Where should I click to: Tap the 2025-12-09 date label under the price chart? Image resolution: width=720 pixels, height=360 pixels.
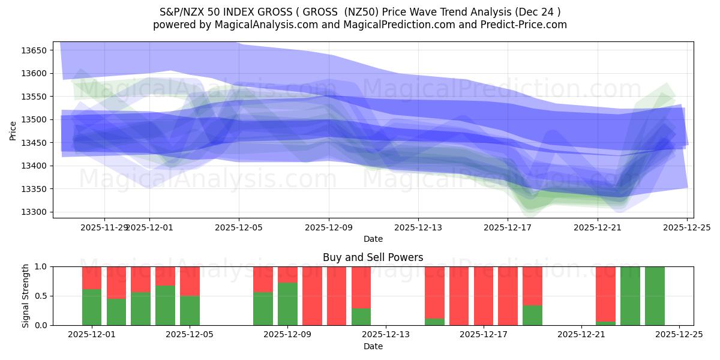coord(329,228)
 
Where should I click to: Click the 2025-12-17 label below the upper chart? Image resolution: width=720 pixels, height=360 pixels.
coord(508,228)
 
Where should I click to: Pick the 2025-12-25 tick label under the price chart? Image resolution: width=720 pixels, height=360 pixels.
coord(686,228)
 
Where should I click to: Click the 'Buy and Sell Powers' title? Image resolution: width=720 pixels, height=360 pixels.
coord(373,257)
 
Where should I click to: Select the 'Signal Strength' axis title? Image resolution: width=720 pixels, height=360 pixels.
coord(26,296)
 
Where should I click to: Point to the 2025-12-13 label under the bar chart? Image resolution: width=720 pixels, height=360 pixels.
coord(386,335)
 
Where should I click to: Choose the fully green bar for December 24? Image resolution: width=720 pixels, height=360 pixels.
coord(655,296)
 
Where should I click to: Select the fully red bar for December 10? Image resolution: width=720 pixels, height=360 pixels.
coord(312,296)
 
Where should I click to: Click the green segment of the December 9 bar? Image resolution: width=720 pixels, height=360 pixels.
coord(287,304)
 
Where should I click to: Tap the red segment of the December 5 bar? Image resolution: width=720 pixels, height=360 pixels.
coord(190,281)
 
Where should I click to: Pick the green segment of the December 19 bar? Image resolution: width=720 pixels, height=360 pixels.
coord(532,315)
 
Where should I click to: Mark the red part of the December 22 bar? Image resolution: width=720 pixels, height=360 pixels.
coord(605,293)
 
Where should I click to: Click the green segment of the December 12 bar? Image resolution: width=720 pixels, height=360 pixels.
coord(361,317)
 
